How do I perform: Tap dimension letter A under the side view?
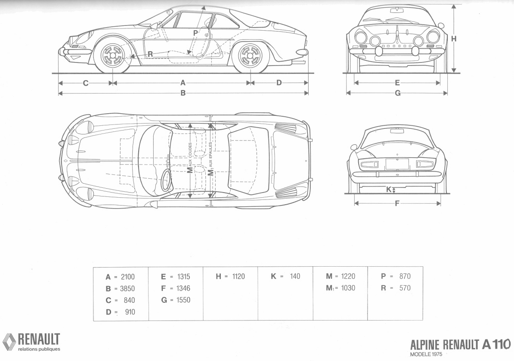pos(183,83)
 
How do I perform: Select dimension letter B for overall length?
pos(183,93)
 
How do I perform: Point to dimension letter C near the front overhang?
pos(86,83)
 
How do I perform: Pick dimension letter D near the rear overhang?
pos(279,83)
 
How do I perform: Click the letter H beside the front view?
pos(454,39)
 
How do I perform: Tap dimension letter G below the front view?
pos(397,93)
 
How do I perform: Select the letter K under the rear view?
pos(389,189)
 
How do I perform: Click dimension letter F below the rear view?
pos(397,203)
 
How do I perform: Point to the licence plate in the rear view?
pos(397,164)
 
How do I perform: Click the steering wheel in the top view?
pos(165,180)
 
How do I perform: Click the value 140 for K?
pos(295,277)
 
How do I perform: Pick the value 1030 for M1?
pos(348,288)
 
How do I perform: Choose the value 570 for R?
pos(405,288)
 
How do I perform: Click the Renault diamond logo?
pos(9,341)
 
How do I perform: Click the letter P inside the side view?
pos(195,33)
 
